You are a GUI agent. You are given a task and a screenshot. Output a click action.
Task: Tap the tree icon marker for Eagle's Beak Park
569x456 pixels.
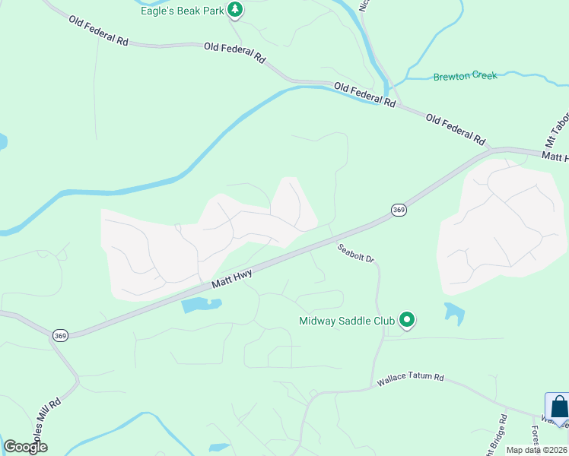click(236, 10)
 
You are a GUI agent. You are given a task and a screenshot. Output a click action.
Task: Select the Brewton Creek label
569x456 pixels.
click(465, 76)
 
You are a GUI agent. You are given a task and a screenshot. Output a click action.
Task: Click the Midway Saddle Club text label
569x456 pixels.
click(347, 321)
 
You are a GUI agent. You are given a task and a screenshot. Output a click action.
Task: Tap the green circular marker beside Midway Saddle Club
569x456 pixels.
click(407, 321)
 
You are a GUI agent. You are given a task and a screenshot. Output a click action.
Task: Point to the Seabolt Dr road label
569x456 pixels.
click(356, 253)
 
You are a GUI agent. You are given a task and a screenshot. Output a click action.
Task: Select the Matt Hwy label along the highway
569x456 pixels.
click(232, 281)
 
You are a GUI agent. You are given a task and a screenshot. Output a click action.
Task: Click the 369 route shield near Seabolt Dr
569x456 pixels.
click(399, 210)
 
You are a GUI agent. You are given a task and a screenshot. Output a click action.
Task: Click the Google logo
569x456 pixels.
click(25, 447)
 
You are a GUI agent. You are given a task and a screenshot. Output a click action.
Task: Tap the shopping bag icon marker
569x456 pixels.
click(558, 407)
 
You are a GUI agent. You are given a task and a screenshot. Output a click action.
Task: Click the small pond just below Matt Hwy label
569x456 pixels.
click(200, 306)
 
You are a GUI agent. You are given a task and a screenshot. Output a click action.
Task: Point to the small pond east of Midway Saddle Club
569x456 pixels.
click(454, 312)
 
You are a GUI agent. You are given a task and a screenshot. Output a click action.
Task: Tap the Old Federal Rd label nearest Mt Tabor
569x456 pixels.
click(456, 130)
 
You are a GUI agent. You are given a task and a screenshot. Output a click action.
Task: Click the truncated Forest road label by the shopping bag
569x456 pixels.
click(535, 436)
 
